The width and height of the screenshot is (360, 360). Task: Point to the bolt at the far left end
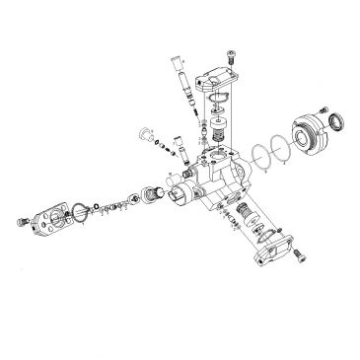pos(23,220)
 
